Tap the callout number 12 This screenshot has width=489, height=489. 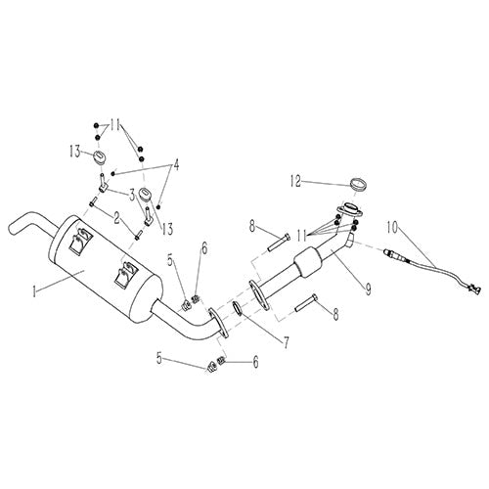coord(294,181)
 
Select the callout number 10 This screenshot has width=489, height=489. coord(393,227)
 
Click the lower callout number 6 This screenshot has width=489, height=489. coord(257,363)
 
